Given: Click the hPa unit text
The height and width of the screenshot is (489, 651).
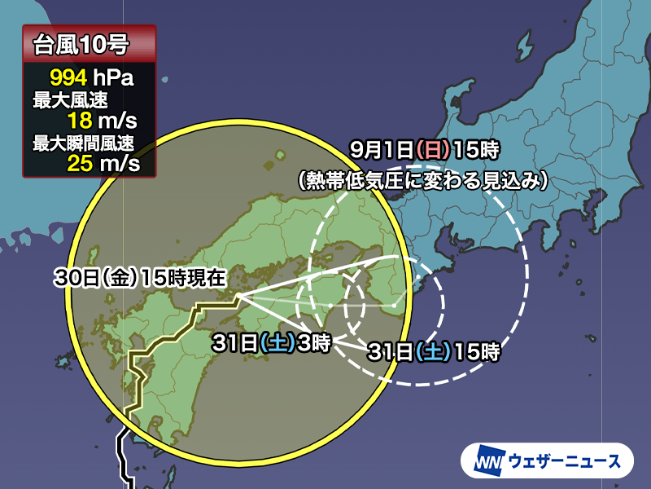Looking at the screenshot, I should (x=113, y=79).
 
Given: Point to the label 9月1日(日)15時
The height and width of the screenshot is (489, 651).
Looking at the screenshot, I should (x=423, y=150).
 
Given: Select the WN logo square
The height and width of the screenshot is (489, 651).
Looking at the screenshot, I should (x=485, y=461).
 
